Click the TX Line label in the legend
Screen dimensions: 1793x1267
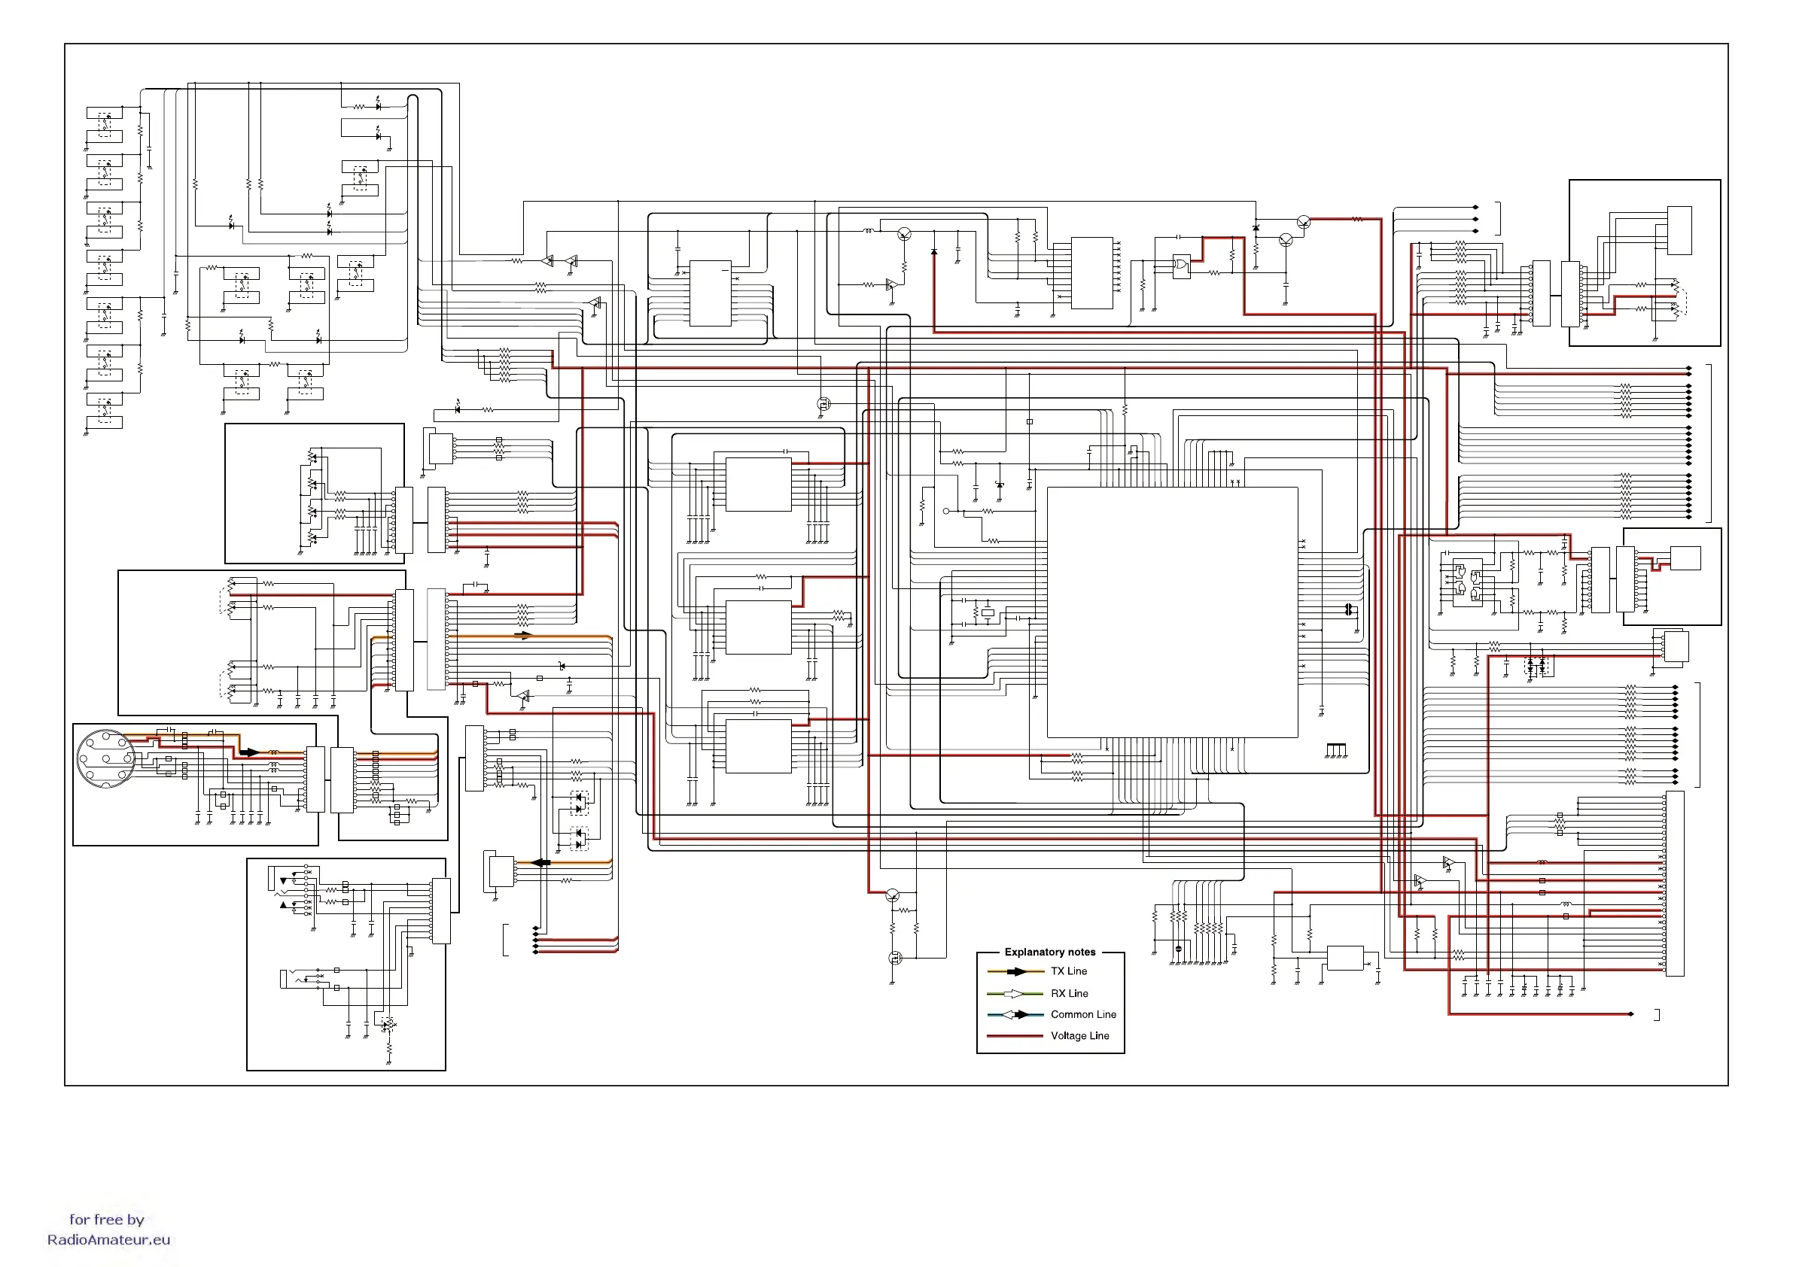pos(1068,971)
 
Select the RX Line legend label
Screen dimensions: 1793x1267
pos(1069,993)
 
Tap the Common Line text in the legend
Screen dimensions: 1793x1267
pos(1083,1014)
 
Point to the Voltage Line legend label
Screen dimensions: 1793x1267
pos(1079,1036)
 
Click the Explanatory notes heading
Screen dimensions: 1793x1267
pos(1049,952)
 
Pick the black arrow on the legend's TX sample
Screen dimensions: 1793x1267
pos(1017,972)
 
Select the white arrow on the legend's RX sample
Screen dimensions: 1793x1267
pos(1014,994)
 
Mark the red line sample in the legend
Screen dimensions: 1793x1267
pos(1015,1036)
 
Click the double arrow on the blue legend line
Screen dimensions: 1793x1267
pos(1015,1015)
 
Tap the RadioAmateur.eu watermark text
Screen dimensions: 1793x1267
pos(108,1240)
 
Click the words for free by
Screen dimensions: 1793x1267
pos(107,1220)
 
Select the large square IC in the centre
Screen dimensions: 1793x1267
pos(1172,612)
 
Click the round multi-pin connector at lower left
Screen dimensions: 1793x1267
pos(105,758)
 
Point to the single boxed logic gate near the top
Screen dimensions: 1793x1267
pos(1182,266)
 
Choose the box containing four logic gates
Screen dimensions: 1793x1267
pos(1466,584)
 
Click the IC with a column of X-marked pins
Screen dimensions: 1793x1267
pos(1091,272)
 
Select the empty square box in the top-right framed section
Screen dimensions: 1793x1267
pos(1679,230)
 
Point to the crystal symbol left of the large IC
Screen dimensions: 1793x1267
pos(988,613)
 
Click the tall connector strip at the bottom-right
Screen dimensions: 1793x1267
pos(1675,883)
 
